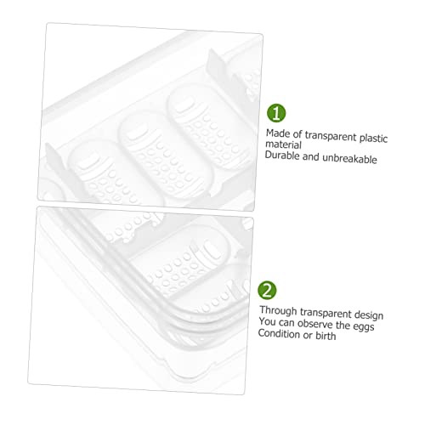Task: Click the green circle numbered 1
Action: click(x=276, y=113)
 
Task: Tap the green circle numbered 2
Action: click(x=267, y=290)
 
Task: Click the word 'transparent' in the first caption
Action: click(x=331, y=136)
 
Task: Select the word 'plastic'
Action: click(x=373, y=139)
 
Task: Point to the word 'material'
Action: click(x=283, y=144)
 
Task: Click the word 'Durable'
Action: click(x=282, y=156)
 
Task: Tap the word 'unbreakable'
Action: click(x=349, y=158)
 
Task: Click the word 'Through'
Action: click(x=278, y=311)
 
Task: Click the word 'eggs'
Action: click(x=364, y=326)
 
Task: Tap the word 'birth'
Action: click(x=326, y=336)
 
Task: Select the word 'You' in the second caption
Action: click(x=267, y=321)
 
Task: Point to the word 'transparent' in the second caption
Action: click(x=326, y=313)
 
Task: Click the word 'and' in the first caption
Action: click(x=311, y=156)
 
